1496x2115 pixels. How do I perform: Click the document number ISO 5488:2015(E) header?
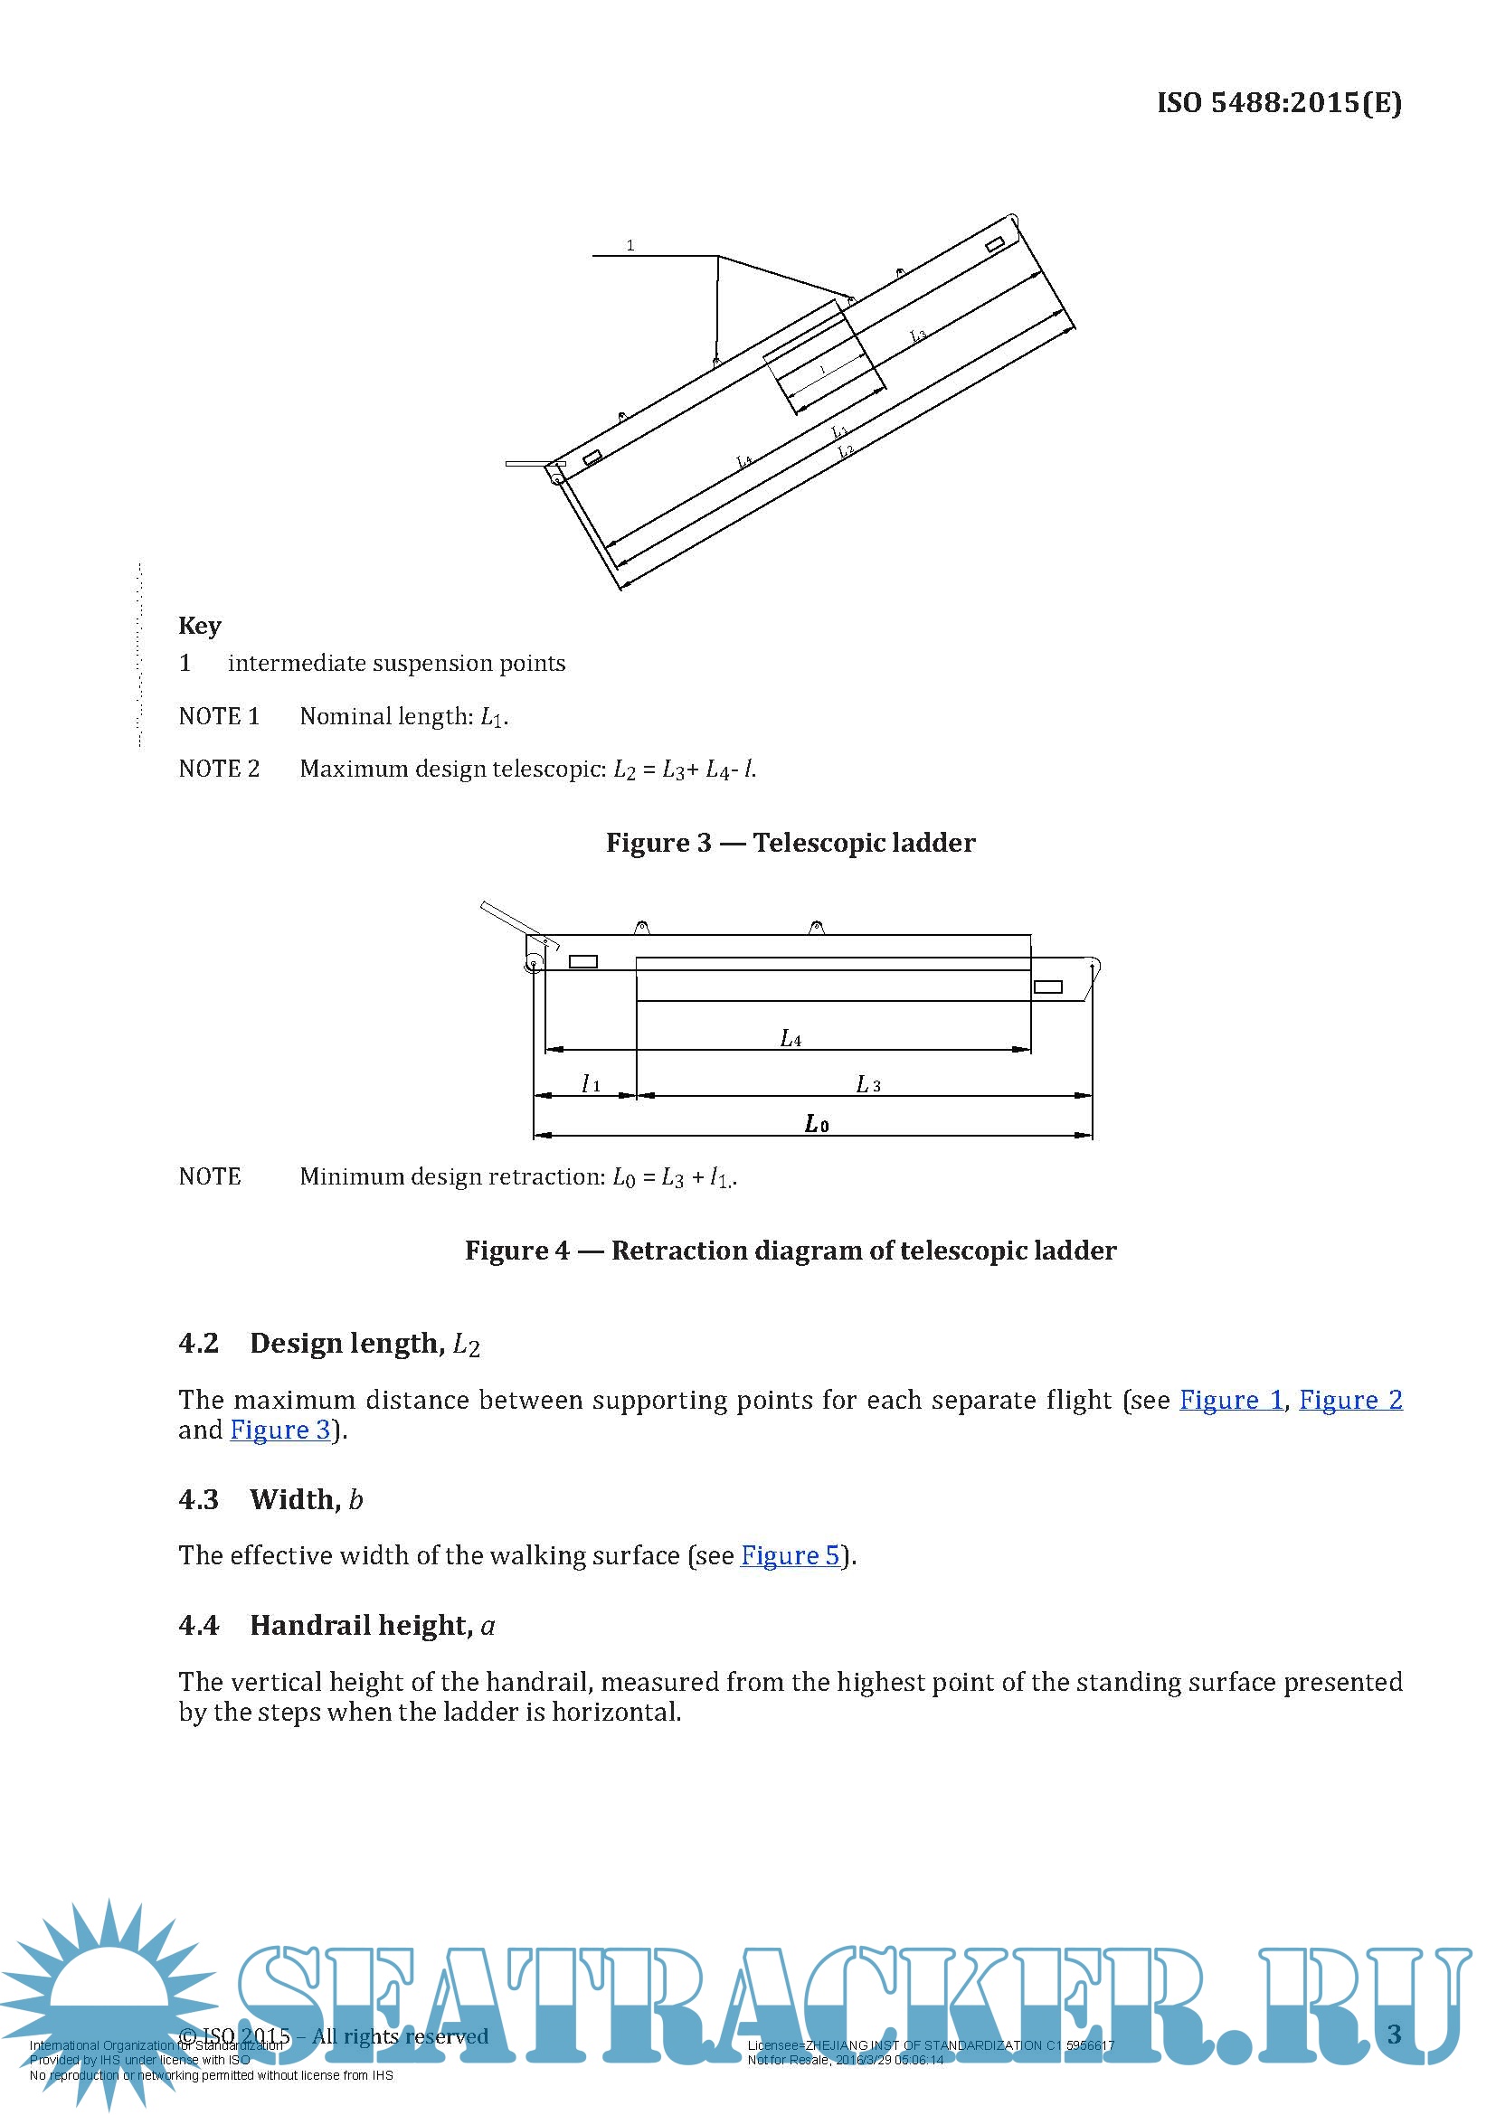pos(1279,102)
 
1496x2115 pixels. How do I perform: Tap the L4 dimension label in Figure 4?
pos(791,1039)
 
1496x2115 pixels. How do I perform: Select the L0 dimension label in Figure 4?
pos(816,1124)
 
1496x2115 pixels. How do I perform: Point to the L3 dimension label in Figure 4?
pos(867,1085)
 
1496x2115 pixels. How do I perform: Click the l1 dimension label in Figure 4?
pos(591,1084)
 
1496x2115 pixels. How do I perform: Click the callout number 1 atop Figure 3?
pos(630,245)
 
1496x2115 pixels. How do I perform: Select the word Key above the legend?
pos(200,626)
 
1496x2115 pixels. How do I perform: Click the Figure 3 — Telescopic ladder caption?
pos(790,843)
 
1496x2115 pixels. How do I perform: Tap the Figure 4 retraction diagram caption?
pos(790,1250)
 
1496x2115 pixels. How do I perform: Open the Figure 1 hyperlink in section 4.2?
pos(1231,1399)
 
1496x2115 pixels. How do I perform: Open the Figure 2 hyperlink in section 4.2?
pos(1349,1399)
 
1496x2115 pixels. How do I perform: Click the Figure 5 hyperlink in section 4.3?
pos(791,1555)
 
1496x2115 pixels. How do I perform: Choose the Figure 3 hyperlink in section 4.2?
pos(280,1430)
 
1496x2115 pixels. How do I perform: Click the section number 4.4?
pos(199,1625)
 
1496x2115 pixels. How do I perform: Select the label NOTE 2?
pos(219,769)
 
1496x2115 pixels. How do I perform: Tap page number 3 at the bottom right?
pos(1394,2033)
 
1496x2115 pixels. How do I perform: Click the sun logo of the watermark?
pos(109,1989)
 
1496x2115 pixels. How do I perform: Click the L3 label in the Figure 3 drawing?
pos(917,335)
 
